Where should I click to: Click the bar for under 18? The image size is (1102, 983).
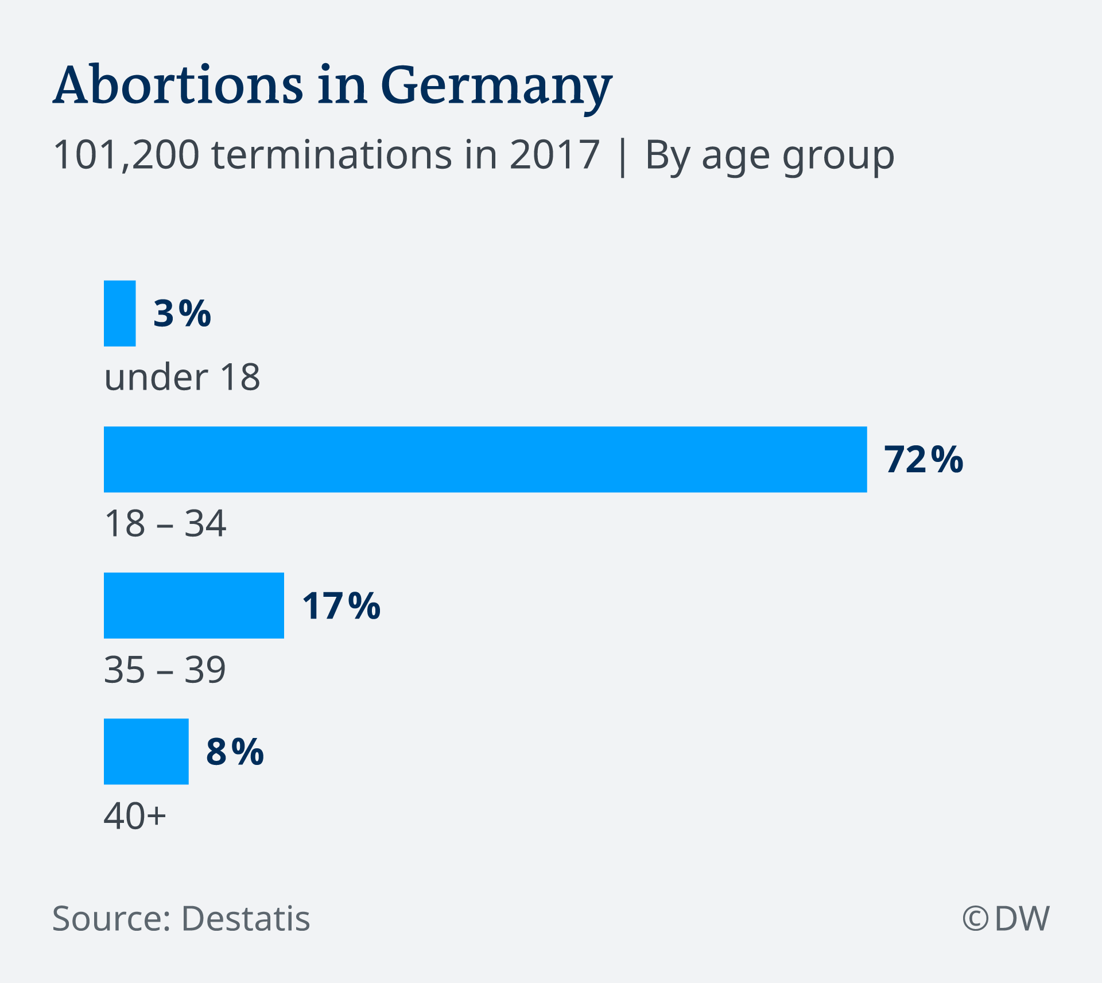coord(119,313)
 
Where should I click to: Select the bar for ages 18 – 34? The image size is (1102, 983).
coord(485,459)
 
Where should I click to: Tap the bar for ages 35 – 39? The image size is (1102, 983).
coord(193,605)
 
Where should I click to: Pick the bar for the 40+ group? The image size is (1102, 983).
coord(146,751)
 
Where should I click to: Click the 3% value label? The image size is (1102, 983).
coord(182,314)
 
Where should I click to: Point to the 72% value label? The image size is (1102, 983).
coord(923,460)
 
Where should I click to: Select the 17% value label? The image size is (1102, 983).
coord(341,606)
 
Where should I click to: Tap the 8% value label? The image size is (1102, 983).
coord(235,752)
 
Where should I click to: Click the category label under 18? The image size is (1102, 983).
coord(182,377)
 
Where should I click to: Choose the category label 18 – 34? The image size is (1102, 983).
coord(165,523)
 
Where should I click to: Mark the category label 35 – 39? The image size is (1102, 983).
coord(165,670)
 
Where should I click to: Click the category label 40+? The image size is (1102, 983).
coord(135,816)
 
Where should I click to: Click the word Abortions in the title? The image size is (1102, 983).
coord(178,86)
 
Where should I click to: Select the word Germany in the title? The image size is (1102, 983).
coord(496,87)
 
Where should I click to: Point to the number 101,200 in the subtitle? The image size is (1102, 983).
coord(126,155)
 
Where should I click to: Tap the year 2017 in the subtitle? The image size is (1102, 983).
coord(554,155)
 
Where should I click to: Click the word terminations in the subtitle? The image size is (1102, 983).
coord(332,155)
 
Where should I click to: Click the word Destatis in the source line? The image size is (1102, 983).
coord(246,919)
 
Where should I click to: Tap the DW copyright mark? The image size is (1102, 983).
coord(1006,918)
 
